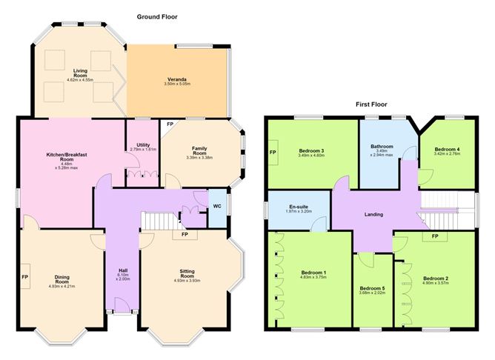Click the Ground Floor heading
(157, 17)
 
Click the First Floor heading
(371, 104)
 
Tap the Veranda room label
(177, 79)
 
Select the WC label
(217, 207)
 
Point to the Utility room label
(143, 145)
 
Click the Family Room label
(199, 150)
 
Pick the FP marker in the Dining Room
(25, 277)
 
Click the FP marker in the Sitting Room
(185, 234)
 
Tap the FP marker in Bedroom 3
(273, 153)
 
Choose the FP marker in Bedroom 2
(435, 236)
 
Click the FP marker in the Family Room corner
(170, 124)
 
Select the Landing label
(373, 215)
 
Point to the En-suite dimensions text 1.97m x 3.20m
(299, 211)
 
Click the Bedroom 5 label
(373, 288)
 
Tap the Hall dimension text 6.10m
(123, 275)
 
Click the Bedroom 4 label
(447, 149)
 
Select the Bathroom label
(382, 147)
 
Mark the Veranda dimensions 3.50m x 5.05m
(177, 84)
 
